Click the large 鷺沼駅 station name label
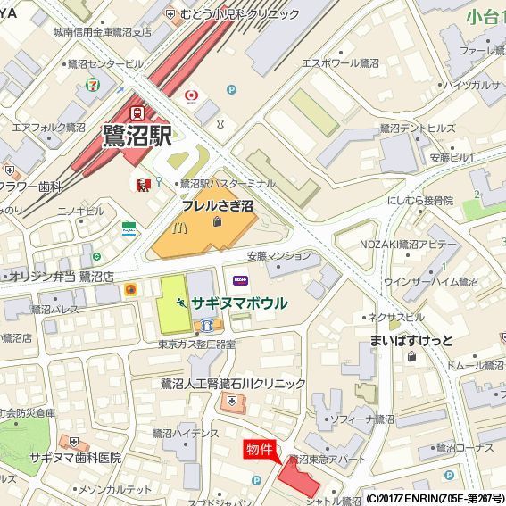click(137, 137)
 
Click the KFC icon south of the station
click(141, 185)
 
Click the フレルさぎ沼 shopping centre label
click(218, 206)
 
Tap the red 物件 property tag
click(259, 451)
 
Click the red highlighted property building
click(299, 477)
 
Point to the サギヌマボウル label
click(238, 303)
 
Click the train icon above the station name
click(137, 113)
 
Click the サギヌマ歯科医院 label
click(75, 457)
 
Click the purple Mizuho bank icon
click(239, 280)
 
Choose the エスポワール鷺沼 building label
click(340, 63)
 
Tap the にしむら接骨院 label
click(421, 201)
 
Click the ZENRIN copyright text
click(435, 498)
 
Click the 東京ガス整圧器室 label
click(196, 344)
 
